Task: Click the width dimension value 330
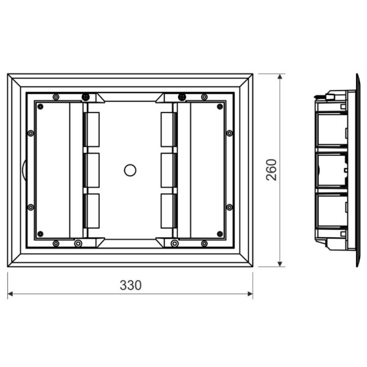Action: (x=130, y=285)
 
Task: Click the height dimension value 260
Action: (x=272, y=169)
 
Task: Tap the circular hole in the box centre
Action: (x=130, y=170)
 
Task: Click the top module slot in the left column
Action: (x=93, y=129)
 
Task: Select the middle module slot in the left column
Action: (x=93, y=169)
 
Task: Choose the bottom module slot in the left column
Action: (x=93, y=210)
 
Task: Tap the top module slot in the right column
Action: (x=167, y=129)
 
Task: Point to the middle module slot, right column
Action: (x=167, y=169)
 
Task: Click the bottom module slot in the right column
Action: (x=167, y=210)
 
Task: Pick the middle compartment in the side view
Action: (x=332, y=169)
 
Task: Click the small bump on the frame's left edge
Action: (x=23, y=169)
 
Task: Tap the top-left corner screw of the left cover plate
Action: (x=41, y=106)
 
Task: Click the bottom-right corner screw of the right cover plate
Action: (x=219, y=234)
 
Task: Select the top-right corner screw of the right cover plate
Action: (x=219, y=106)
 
